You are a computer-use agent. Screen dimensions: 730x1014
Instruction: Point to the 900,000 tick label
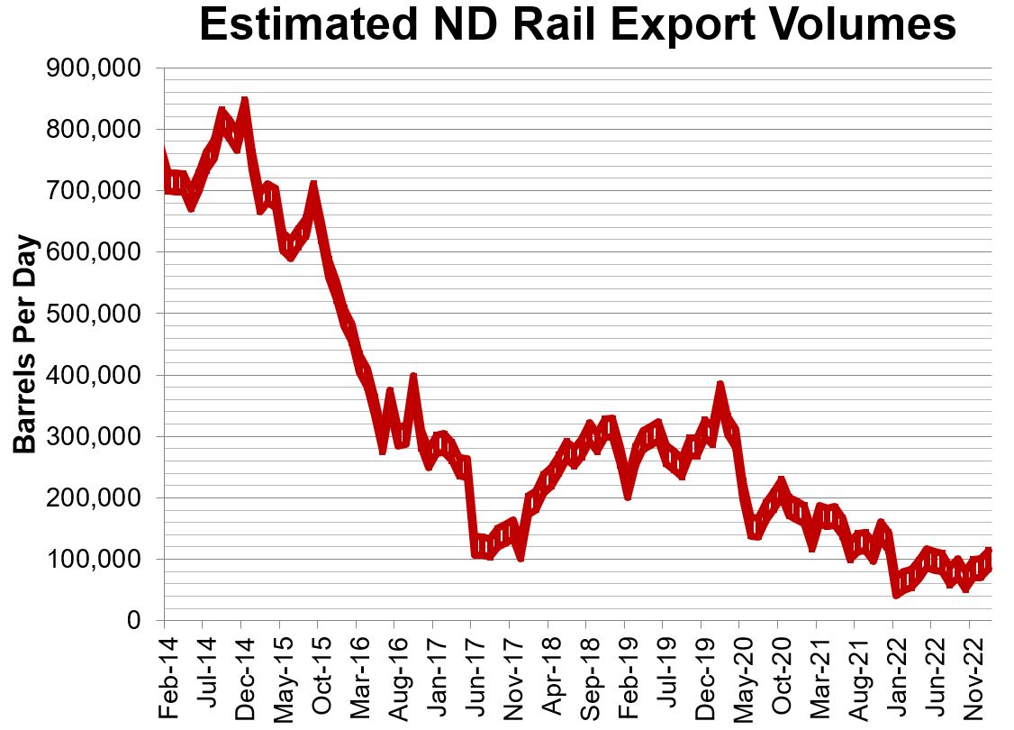tap(93, 68)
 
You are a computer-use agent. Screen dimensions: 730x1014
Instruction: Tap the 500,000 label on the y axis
tap(93, 314)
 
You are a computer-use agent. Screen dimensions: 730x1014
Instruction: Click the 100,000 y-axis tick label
tap(93, 559)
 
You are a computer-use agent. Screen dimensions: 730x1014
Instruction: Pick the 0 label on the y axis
tap(132, 620)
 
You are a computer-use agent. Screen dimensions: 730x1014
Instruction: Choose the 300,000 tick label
tap(93, 436)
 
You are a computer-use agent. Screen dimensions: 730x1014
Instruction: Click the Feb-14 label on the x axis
tap(165, 668)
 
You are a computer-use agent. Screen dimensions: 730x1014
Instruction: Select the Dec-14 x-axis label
tap(241, 668)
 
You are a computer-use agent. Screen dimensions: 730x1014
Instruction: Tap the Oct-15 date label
tap(318, 668)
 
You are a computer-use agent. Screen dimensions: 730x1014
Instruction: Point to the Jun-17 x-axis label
tap(471, 668)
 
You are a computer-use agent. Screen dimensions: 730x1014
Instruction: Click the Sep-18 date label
tap(586, 668)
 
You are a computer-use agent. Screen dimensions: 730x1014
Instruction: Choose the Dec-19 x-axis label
tap(702, 668)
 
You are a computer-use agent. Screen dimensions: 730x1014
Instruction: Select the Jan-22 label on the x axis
tap(893, 668)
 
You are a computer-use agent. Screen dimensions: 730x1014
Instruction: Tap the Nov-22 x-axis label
tap(970, 668)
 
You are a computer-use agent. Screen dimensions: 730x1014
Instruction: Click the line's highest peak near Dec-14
tap(244, 101)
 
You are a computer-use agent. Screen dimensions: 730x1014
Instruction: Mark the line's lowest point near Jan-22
tap(896, 593)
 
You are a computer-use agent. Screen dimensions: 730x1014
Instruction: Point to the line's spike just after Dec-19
tap(720, 387)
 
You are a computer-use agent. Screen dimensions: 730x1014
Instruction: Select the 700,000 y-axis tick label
tap(93, 191)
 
